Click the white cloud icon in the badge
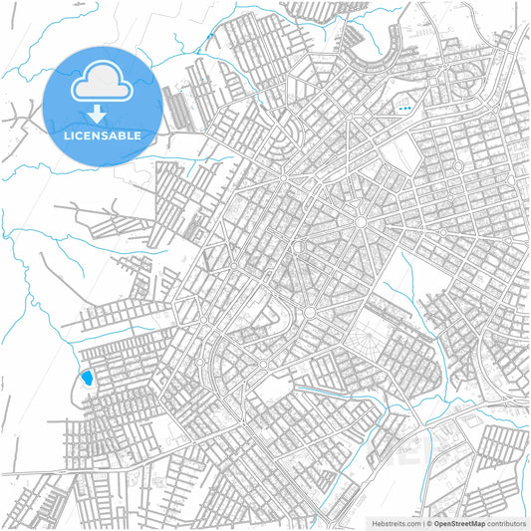[104, 85]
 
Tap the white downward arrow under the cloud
[104, 115]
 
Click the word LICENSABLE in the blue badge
[104, 134]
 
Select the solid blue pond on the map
[86, 379]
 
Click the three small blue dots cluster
[403, 107]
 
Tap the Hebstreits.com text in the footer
[397, 523]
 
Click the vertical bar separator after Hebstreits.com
[421, 523]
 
